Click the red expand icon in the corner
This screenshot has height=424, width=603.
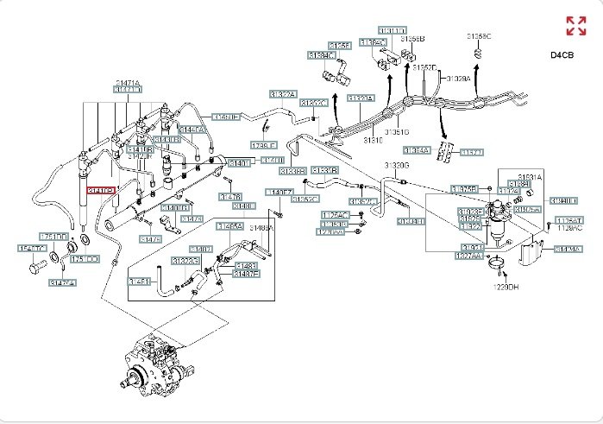coord(575,25)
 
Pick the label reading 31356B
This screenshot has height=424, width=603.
coord(413,39)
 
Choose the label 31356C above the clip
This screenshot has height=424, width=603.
coord(479,36)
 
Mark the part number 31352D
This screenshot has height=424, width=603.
coord(424,66)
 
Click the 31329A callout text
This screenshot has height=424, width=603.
coord(457,78)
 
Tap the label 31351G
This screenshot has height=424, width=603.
coord(397,132)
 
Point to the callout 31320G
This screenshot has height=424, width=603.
coord(396,164)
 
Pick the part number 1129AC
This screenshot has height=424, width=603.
coord(568,229)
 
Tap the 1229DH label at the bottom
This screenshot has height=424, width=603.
coord(505,286)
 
